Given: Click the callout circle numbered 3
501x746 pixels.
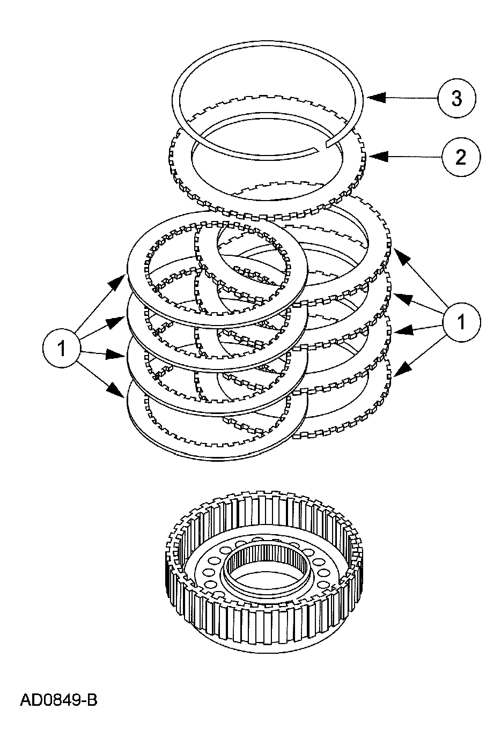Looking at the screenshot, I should (456, 98).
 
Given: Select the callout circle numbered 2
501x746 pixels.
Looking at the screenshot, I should (460, 157).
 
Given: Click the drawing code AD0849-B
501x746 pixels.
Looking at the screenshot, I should (58, 700).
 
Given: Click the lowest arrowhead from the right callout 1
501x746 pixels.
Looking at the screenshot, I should (401, 369).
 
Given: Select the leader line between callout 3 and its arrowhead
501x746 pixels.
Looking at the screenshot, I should (413, 98).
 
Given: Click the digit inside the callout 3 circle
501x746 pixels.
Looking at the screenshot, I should (456, 98).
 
